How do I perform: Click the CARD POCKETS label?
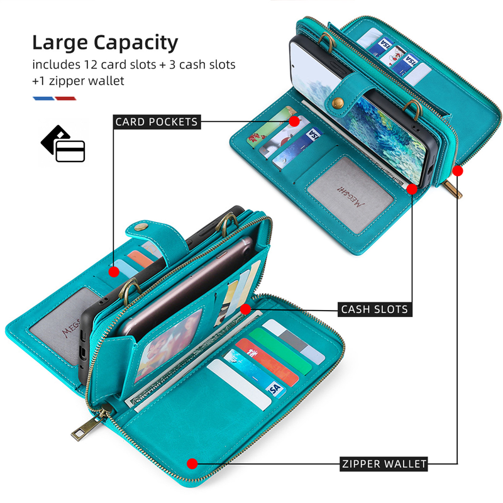point(157,122)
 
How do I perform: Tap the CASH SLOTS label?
point(375,309)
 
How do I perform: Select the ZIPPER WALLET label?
point(384,464)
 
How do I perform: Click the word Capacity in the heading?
point(136,43)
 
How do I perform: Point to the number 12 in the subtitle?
point(91,65)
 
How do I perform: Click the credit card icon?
point(63,144)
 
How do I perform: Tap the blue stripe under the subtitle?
point(43,99)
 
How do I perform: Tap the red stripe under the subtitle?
point(65,99)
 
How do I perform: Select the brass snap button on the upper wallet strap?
point(338,102)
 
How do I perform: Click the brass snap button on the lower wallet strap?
point(140,227)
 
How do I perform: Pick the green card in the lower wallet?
point(280,351)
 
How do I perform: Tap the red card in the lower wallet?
point(267,363)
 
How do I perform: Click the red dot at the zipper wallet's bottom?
point(192,463)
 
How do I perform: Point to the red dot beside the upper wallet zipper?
point(458,170)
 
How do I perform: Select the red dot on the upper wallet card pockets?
point(294,121)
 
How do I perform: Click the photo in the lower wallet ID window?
point(169,345)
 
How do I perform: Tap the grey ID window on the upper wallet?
point(350,195)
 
